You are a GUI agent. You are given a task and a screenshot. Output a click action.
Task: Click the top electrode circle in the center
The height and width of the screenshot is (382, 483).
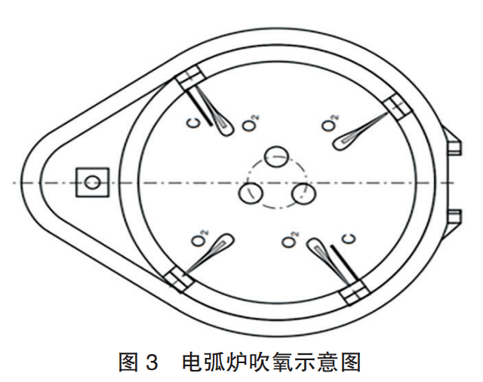[x=277, y=157]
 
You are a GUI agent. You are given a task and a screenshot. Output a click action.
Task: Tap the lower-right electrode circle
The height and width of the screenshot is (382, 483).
[x=303, y=194]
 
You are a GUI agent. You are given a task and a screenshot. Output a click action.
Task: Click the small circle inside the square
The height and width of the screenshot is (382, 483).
[x=92, y=182]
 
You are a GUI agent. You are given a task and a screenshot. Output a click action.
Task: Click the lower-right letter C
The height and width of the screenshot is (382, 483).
[x=349, y=240]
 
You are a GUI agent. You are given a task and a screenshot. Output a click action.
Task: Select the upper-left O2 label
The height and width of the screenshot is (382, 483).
[x=250, y=125]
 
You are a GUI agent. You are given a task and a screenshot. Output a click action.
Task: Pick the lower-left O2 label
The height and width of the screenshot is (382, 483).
[x=200, y=240]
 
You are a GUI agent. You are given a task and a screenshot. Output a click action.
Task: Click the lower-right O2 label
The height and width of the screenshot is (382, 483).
[x=288, y=241]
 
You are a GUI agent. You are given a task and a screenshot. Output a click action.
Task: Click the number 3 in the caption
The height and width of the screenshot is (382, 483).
[x=150, y=363]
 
